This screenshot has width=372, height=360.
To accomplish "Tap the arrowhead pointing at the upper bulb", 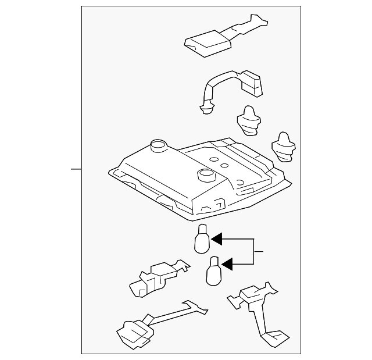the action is [217, 239].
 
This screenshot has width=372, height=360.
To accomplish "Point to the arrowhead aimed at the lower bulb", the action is [227, 265].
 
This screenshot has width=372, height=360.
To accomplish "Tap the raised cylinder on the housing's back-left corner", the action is [157, 146].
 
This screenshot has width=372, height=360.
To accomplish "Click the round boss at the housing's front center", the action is [206, 174].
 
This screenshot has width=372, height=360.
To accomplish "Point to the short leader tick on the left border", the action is [76, 169].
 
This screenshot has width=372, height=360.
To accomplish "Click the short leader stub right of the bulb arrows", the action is [259, 252].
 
